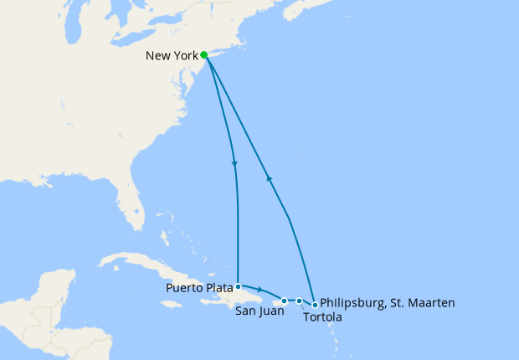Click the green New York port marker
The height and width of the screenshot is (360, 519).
pos(204,55)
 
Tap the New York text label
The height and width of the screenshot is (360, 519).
pos(172,56)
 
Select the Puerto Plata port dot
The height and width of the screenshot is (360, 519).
pos(239,285)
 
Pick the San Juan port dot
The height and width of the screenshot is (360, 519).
pos(285,301)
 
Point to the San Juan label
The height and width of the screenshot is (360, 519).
pos(259,311)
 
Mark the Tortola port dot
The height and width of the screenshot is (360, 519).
pos(299,301)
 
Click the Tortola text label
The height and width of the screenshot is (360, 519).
pos(322,317)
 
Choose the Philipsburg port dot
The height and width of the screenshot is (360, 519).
pos(315,305)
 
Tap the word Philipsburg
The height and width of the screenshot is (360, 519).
pos(352,303)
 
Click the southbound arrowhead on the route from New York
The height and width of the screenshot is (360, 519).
pos(234,163)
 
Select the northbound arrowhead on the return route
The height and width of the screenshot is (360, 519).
pos(268,177)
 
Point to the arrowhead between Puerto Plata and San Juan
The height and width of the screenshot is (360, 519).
pos(260,290)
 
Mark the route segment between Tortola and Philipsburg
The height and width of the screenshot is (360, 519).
pos(307,301)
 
